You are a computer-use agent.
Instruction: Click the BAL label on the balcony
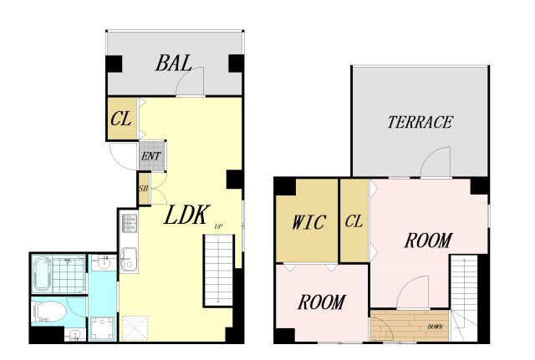click(173, 63)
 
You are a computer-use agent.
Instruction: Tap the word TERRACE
click(420, 122)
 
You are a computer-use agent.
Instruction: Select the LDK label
click(186, 215)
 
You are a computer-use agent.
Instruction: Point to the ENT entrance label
click(151, 156)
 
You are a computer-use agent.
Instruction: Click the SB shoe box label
click(144, 188)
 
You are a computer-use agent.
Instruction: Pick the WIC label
click(309, 223)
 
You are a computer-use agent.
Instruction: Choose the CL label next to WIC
click(354, 221)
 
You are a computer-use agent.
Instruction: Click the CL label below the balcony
click(121, 119)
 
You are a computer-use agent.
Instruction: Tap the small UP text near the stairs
click(218, 226)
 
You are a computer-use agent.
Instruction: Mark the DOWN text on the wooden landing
click(435, 327)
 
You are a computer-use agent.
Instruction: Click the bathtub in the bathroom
click(42, 275)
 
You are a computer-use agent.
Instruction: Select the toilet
click(48, 312)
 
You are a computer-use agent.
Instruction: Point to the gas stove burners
click(130, 223)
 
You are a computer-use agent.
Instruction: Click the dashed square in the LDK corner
click(135, 327)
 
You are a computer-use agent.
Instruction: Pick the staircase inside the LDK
click(219, 270)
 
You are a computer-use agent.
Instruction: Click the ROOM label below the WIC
click(322, 302)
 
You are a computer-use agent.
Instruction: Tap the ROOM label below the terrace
click(429, 240)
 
